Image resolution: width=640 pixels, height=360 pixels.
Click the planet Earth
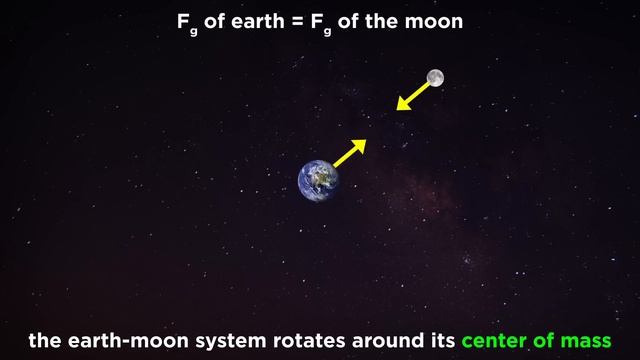pos(318,180)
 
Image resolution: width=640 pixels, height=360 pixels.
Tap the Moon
pos(434,77)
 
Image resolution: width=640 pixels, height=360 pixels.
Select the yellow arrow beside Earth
pos(347,153)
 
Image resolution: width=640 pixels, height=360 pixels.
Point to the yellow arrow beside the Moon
pos(411,96)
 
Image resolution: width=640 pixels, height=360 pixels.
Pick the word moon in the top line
pos(438,20)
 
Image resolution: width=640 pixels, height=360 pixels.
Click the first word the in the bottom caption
pos(46,340)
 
